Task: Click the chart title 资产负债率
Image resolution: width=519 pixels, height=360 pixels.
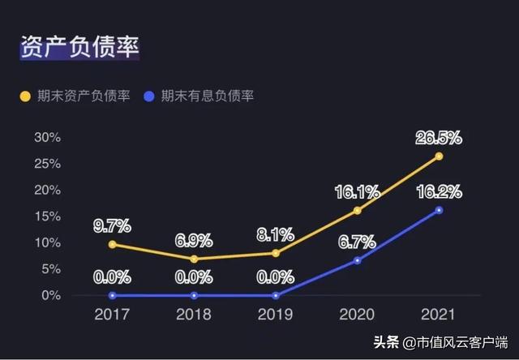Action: (x=79, y=46)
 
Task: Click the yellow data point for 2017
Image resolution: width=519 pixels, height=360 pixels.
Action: (x=112, y=244)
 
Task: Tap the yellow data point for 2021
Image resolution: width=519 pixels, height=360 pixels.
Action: (x=440, y=156)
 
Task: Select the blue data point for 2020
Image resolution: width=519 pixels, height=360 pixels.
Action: (x=358, y=260)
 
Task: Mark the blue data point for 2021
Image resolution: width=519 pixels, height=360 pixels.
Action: (x=440, y=210)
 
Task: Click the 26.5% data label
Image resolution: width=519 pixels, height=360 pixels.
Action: (x=440, y=137)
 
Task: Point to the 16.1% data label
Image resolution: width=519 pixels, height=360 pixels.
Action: (x=358, y=192)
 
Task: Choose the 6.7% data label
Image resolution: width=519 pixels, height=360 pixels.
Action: (x=358, y=241)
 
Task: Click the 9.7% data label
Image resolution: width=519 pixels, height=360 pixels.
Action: (x=112, y=225)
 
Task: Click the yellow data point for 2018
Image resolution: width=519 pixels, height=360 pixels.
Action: (x=194, y=259)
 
